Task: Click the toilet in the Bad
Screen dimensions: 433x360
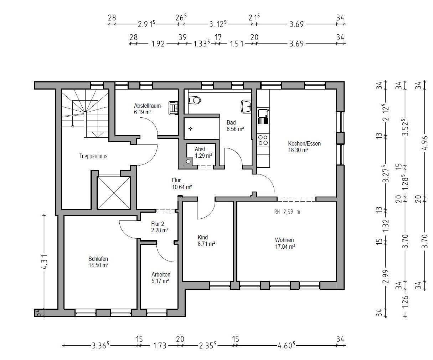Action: [195, 100]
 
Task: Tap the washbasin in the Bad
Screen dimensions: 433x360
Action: [246, 107]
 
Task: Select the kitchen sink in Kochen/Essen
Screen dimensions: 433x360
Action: [263, 117]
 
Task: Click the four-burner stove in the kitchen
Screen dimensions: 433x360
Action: [263, 140]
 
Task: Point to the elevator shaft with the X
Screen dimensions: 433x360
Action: [114, 193]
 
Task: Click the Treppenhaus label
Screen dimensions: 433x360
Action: [93, 156]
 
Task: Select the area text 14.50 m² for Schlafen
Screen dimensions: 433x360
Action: [98, 265]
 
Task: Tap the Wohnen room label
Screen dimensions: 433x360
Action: [284, 240]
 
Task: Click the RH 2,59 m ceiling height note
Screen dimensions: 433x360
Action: [287, 212]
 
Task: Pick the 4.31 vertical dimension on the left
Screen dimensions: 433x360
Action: [45, 262]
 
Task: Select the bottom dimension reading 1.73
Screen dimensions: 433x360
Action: [160, 346]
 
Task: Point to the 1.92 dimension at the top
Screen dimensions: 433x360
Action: [158, 44]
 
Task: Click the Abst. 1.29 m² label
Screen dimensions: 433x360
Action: [203, 152]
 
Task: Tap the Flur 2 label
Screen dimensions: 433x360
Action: [158, 224]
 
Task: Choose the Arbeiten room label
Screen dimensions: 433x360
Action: [161, 274]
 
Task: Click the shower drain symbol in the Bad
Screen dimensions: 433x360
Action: [190, 128]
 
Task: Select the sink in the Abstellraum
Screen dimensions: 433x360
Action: [173, 108]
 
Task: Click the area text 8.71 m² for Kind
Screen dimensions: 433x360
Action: [206, 244]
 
